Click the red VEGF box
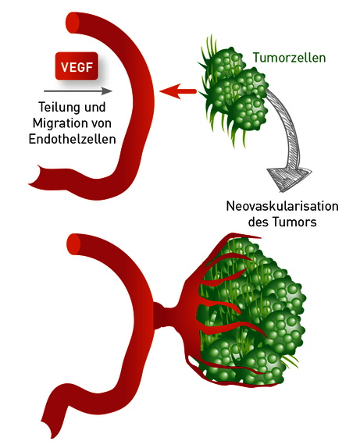(x=77, y=66)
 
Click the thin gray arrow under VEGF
(x=78, y=91)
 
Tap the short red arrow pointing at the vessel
(x=178, y=91)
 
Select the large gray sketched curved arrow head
(x=289, y=179)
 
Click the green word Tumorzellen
(x=290, y=58)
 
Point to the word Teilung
(x=59, y=107)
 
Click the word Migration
(x=57, y=123)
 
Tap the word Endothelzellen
(x=73, y=140)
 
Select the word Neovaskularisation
(x=283, y=206)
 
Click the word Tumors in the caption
(x=294, y=222)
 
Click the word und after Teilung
(x=94, y=107)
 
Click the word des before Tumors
(x=258, y=222)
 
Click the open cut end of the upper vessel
(x=73, y=23)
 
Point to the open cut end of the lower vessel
(x=73, y=244)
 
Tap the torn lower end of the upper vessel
(x=37, y=175)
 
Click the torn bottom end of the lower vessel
(x=49, y=427)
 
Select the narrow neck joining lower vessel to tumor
(x=163, y=315)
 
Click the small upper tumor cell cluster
(x=233, y=91)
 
